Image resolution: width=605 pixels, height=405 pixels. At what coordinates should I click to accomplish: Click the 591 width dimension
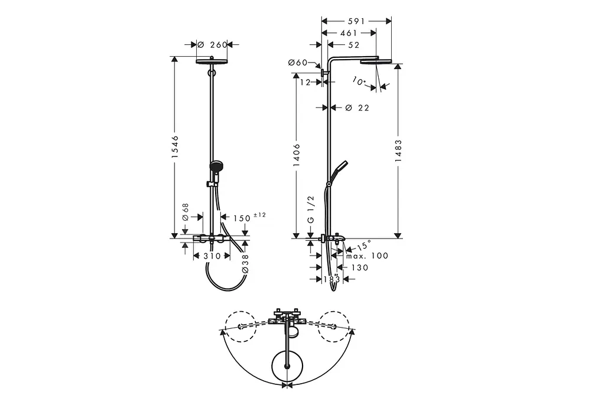coord(356,21)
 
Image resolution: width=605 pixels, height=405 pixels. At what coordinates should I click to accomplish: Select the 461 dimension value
coord(349,33)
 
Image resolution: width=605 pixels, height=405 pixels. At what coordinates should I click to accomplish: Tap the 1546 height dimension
coord(175,146)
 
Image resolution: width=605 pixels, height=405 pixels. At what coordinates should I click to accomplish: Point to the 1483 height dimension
coord(398,151)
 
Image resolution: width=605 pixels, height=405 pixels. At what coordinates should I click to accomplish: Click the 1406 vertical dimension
coord(297,155)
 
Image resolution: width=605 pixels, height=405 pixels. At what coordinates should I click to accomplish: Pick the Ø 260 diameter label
coord(212,45)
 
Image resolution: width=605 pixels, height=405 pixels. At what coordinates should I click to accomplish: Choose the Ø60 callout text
coord(298,62)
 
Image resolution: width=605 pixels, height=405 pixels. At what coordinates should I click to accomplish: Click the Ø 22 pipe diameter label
coord(357,108)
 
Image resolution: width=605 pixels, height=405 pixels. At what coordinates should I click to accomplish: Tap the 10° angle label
coord(359,81)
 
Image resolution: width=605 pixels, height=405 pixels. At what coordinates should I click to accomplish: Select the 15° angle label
coord(364,246)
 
